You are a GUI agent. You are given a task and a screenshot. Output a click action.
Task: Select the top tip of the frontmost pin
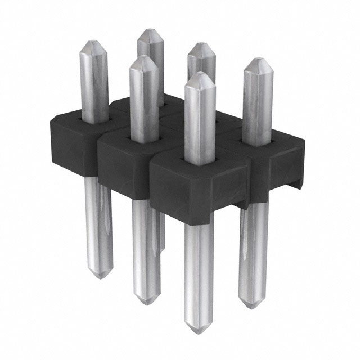pos(200,74)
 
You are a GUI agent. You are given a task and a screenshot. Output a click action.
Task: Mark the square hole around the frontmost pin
pos(200,160)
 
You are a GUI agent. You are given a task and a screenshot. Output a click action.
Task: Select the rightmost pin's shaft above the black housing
pos(257,107)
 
